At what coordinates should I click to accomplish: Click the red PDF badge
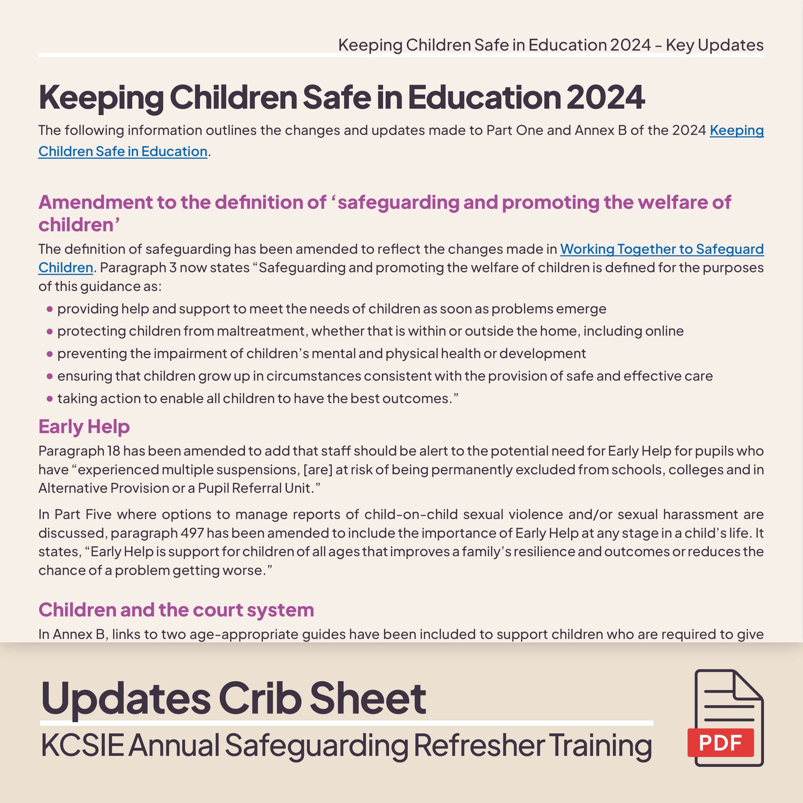coord(720,742)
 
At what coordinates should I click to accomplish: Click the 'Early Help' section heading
coord(84,427)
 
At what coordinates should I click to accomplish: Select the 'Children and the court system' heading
coord(176,610)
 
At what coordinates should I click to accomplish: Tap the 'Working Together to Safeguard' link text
coord(662,249)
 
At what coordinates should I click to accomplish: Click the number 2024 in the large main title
coord(605,97)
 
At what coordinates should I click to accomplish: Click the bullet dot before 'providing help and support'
coord(50,309)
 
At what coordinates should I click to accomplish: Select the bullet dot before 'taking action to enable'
coord(50,399)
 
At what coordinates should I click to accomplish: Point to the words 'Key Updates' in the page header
coord(714,45)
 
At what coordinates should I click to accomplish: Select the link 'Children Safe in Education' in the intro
coord(123,151)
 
